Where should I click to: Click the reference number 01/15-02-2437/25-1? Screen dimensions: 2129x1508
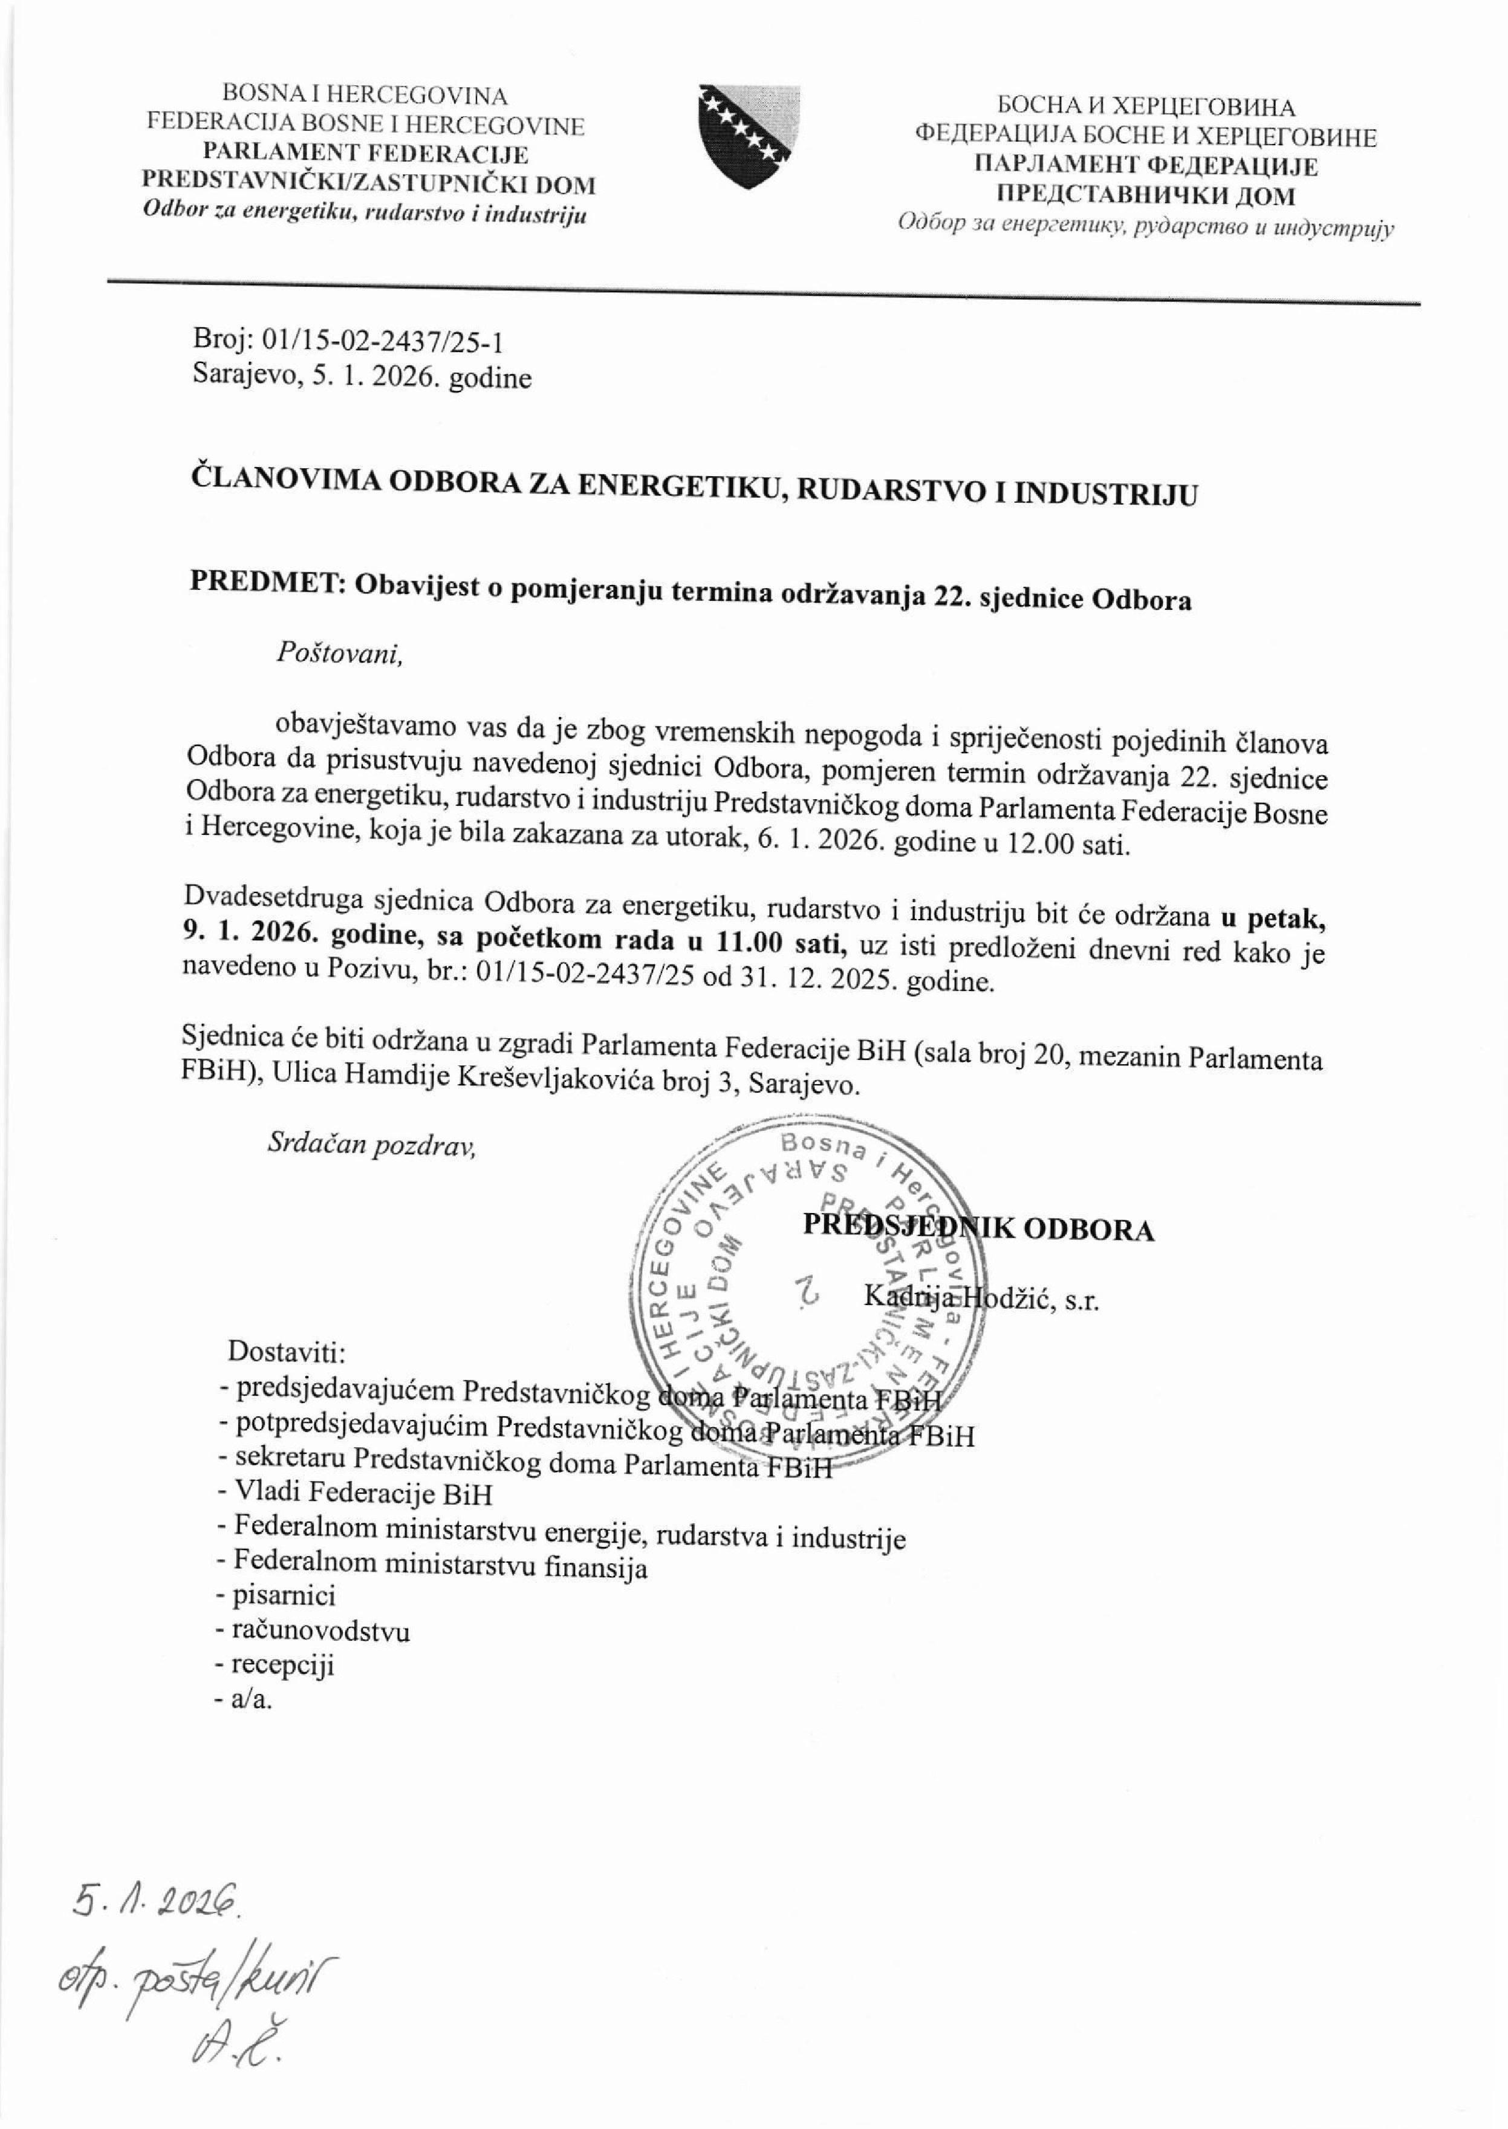383,344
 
